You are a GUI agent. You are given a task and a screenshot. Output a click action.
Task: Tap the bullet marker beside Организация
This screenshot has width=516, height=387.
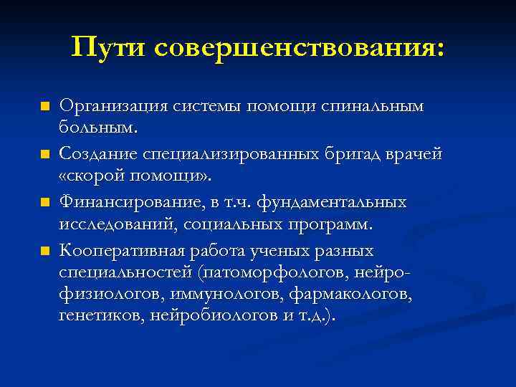pyautogui.click(x=44, y=107)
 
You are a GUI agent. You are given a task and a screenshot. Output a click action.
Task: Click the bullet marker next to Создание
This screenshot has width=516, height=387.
pyautogui.click(x=44, y=155)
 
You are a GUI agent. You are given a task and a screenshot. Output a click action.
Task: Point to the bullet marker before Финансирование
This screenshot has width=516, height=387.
pyautogui.click(x=44, y=203)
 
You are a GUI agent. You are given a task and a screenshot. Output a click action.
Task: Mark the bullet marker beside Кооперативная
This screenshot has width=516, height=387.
pyautogui.click(x=44, y=251)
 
